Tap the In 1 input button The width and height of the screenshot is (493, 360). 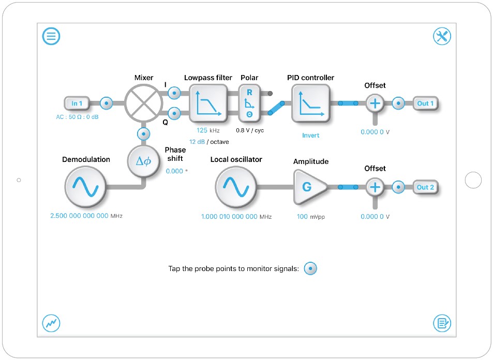[77, 103]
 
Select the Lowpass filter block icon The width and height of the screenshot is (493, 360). [208, 103]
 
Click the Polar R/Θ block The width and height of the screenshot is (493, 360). [249, 103]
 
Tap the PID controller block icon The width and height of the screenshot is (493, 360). [310, 103]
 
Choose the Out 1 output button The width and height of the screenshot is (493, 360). [425, 103]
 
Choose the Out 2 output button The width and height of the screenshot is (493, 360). [425, 187]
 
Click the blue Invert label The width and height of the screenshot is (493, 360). [310, 136]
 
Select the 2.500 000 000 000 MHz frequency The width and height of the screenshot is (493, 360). [80, 216]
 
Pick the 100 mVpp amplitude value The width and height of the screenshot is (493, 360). [303, 217]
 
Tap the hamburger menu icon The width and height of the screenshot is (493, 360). [51, 36]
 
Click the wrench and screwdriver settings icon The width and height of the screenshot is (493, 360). [442, 36]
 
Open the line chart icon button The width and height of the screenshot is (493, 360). [51, 323]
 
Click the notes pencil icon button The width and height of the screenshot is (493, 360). [442, 323]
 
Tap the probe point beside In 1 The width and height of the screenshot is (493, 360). [106, 103]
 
